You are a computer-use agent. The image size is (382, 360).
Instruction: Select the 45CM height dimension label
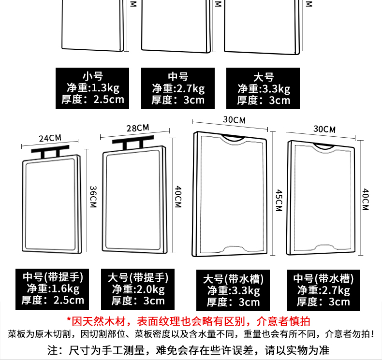278,200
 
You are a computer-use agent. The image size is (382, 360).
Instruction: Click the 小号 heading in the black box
93,76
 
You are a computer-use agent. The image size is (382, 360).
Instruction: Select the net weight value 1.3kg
105,88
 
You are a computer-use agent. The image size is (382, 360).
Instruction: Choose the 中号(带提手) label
53,277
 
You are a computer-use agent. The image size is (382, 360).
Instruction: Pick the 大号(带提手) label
138,278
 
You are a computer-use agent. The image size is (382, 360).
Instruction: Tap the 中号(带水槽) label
323,279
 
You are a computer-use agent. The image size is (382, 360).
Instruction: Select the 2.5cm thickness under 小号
107,100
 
